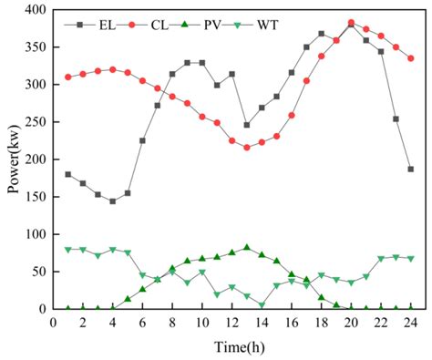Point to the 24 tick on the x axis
pos(411,322)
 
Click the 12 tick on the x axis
pos(231,322)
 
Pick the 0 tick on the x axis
pos(53,322)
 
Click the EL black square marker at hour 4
pos(113,201)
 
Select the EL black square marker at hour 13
pos(247,125)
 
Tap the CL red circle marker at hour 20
pos(351,23)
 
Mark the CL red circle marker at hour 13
pos(247,148)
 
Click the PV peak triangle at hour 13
pos(247,247)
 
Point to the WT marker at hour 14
pos(262,305)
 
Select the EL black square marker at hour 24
pos(411,170)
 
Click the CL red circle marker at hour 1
pos(68,77)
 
